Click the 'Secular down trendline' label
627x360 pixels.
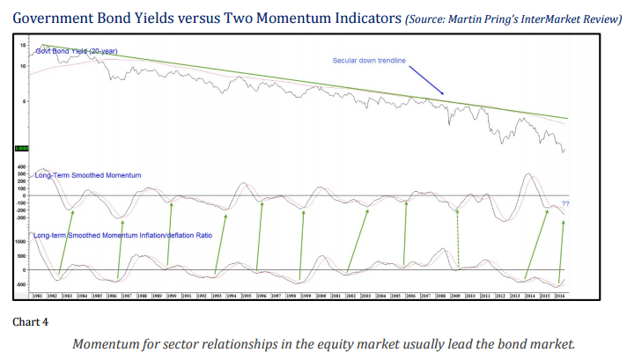pos(368,61)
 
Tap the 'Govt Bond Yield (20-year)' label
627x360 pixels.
pos(80,51)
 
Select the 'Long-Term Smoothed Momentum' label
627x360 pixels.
pos(87,176)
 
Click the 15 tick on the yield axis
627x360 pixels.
pos(24,44)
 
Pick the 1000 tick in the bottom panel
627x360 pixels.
pos(20,241)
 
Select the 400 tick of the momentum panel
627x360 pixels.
pos(20,167)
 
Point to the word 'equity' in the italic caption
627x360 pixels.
pos(364,343)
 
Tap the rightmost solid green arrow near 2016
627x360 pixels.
pos(561,246)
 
